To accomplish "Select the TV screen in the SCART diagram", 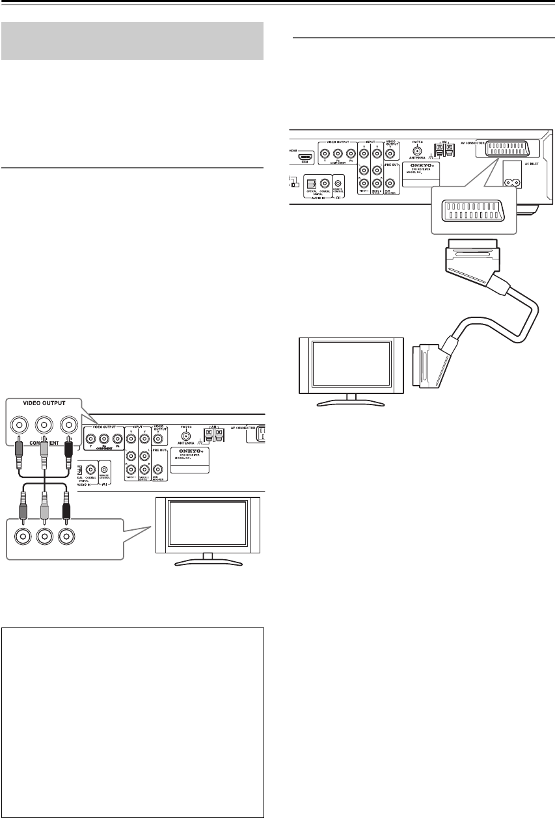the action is click(350, 363).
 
